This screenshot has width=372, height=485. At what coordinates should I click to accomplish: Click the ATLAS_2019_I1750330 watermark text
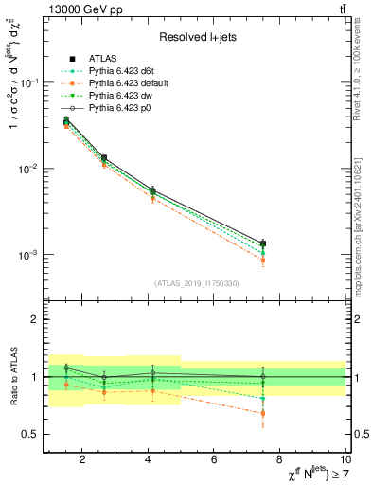[197, 283]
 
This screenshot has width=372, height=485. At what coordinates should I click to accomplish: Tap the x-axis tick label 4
[149, 461]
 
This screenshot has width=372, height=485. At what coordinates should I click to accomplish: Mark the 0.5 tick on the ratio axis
[29, 434]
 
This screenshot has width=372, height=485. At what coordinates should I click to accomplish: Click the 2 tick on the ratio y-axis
[34, 319]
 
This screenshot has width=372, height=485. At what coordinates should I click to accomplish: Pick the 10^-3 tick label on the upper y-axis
[27, 255]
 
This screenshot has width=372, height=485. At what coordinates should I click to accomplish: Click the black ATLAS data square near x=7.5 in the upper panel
[263, 243]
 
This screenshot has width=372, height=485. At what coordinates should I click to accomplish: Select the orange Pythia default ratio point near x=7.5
[263, 413]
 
